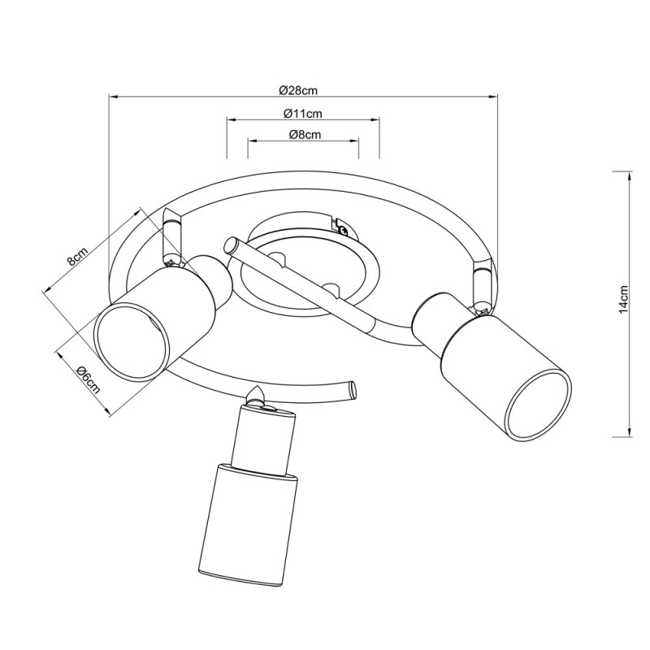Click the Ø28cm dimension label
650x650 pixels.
pos(298,90)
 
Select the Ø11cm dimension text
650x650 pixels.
pos(303,113)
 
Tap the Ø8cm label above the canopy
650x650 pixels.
pos(305,134)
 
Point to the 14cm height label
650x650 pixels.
pos(623,299)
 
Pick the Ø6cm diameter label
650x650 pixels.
pos(88,380)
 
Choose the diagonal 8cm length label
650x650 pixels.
pos(78,256)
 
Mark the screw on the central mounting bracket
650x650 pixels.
pos(341,227)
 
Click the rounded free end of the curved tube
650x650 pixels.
pos(353,390)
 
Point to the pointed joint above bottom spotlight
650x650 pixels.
pos(256,396)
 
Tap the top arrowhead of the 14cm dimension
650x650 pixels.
pos(630,176)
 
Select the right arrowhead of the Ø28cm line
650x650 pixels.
pos(492,97)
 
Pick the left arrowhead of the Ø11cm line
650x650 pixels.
pos(232,120)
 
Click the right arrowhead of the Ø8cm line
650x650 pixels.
pos(353,141)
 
